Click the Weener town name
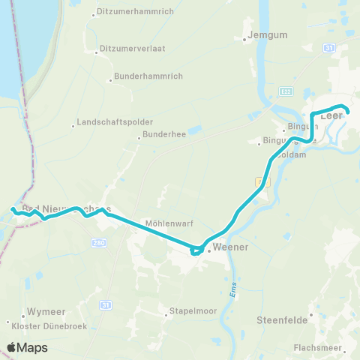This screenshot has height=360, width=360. tap(230, 247)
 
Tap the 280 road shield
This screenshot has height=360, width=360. tap(99, 243)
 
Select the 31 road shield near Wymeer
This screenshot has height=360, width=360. tap(106, 304)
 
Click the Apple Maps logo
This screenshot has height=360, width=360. tap(27, 347)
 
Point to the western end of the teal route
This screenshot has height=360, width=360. tap(13, 208)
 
